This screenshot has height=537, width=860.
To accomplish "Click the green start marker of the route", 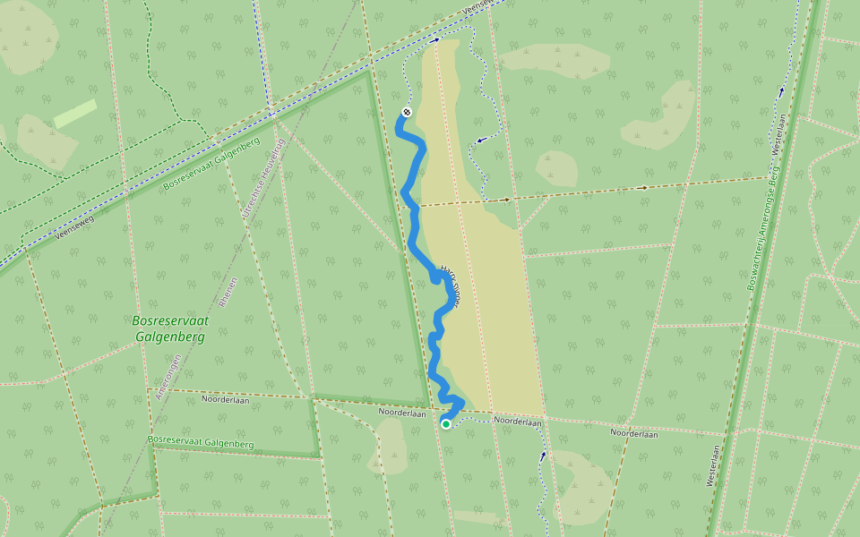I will click(x=446, y=424).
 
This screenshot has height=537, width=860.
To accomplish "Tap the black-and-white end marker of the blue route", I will click(x=406, y=112).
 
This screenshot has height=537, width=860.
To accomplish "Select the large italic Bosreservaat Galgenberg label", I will click(x=168, y=328).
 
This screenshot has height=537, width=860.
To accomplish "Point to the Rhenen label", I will click(x=226, y=292).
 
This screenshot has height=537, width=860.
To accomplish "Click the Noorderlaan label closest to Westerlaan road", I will click(x=633, y=434).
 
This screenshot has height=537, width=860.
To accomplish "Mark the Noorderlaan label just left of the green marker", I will click(x=401, y=413).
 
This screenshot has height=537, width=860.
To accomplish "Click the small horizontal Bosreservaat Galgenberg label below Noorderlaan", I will click(x=201, y=442).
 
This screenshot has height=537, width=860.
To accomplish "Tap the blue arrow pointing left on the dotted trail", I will click(x=482, y=140).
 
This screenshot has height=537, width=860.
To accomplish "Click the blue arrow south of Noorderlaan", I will click(x=542, y=456).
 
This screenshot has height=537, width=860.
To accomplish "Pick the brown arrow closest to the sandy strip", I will click(x=506, y=200).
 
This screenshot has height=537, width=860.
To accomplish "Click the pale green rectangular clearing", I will click(x=75, y=114).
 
